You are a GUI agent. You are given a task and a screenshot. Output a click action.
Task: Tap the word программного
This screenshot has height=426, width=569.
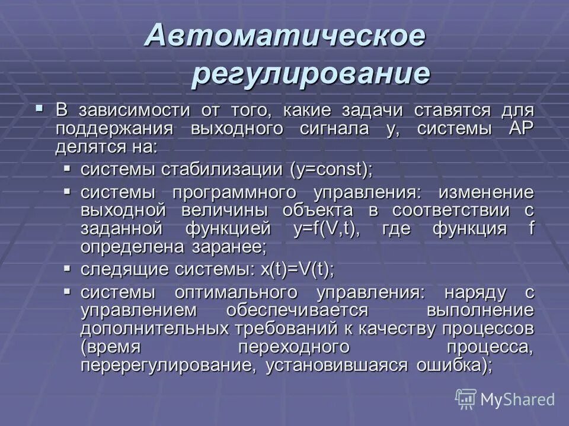(x=234, y=193)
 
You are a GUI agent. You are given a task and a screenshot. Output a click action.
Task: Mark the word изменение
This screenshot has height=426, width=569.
(x=485, y=193)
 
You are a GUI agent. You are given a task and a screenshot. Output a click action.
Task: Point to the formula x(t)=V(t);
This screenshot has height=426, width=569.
(x=297, y=269)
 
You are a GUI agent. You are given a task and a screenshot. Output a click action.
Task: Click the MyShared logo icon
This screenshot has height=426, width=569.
(x=466, y=399)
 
